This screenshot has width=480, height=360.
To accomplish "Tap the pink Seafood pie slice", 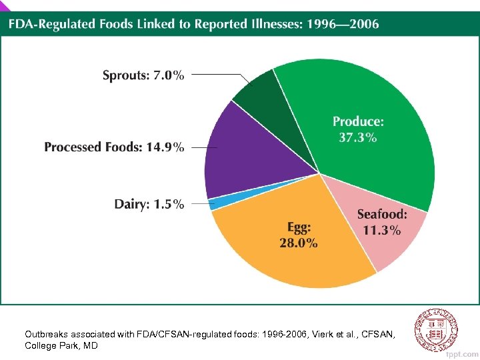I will coord(380,233).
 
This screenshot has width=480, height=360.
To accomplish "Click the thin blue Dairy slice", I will coord(215,203).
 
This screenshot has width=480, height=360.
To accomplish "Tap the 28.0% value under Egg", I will coord(298,243).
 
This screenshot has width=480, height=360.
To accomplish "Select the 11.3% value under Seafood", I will coord(382,231).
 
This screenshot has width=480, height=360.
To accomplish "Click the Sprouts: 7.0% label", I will coord(143,75).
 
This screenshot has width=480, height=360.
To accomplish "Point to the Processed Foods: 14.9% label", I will coord(114,147).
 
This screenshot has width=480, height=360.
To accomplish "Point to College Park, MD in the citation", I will coord(61,346).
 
